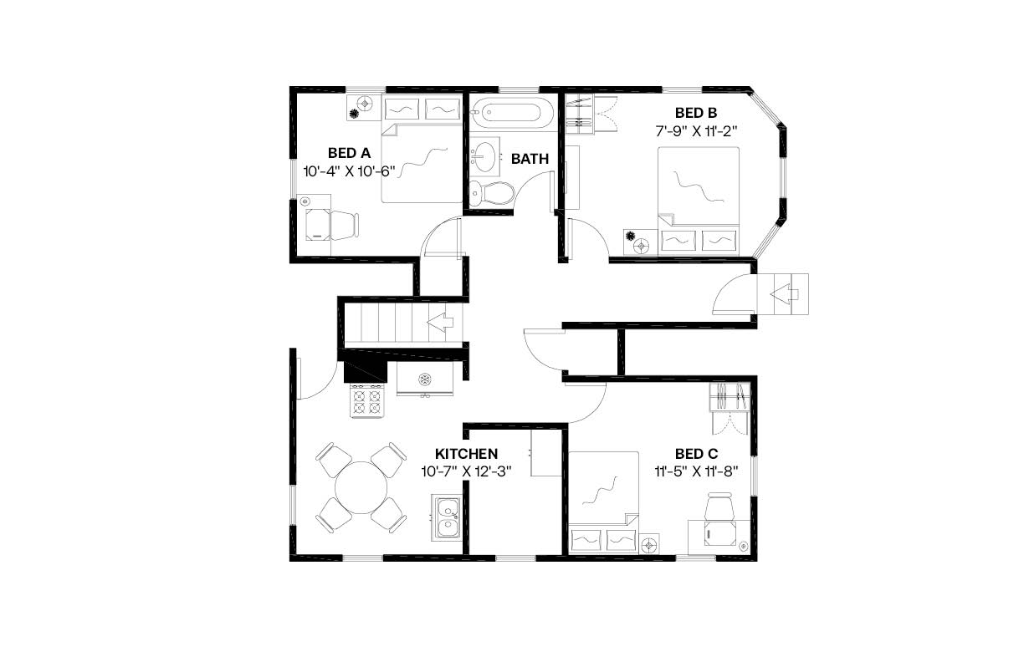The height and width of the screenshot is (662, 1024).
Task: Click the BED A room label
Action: (x=349, y=153)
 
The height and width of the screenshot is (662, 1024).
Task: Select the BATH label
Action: (x=530, y=158)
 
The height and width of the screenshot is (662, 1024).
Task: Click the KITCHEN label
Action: (x=466, y=453)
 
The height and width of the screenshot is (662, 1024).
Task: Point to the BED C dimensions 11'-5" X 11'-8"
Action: (x=696, y=471)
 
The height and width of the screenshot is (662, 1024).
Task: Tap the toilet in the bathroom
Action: (x=491, y=193)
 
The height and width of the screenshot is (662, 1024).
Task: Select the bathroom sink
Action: (x=484, y=155)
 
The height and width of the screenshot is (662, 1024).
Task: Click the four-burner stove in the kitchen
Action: (x=366, y=401)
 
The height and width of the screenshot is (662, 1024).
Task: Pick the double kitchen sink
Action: (x=445, y=517)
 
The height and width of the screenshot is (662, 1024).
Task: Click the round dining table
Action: (x=361, y=487)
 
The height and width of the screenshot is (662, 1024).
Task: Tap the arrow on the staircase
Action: (x=441, y=321)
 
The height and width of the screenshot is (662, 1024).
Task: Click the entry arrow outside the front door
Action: (x=785, y=293)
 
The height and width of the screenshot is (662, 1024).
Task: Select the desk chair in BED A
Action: (x=344, y=224)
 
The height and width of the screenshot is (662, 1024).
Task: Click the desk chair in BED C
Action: (x=719, y=508)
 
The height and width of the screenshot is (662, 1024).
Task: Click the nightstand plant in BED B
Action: (x=642, y=245)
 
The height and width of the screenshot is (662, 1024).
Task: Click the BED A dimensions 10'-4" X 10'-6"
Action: (x=349, y=171)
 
